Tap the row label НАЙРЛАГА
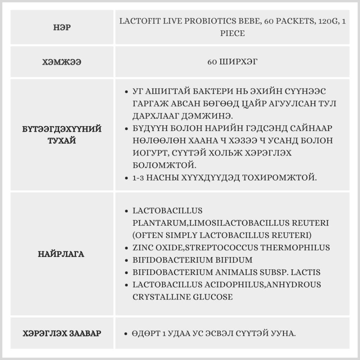[61, 254]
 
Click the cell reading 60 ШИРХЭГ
[232, 62]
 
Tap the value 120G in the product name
[327, 21]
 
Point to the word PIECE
[232, 33]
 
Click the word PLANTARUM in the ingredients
[159, 223]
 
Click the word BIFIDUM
[231, 260]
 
